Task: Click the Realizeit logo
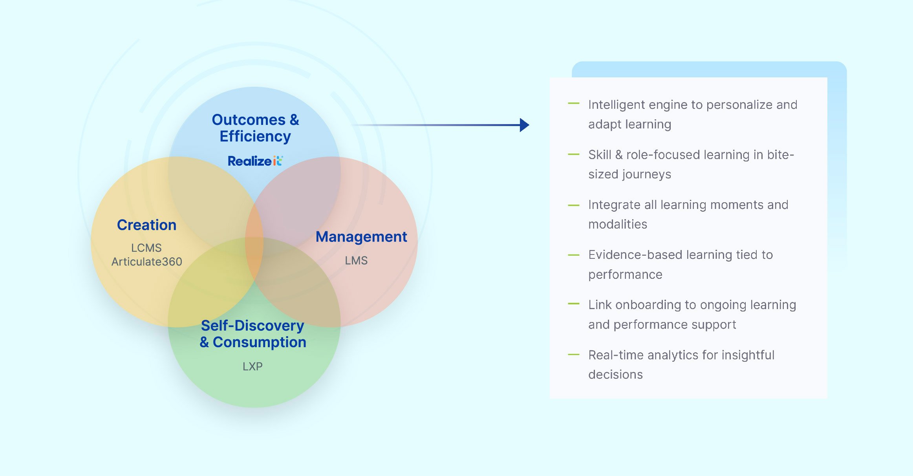[255, 161]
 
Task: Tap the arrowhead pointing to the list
[524, 125]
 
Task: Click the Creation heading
[146, 225]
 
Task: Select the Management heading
[361, 237]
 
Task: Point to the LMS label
[356, 260]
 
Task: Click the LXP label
[252, 366]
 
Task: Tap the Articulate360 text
[146, 262]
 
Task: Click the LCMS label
[146, 248]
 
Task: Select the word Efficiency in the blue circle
[255, 136]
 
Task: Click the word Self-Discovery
[252, 326]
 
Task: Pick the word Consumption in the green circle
[259, 342]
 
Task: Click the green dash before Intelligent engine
[573, 104]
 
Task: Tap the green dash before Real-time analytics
[573, 354]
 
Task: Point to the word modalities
[617, 224]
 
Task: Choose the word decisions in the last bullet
[615, 375]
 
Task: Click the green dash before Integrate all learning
[573, 205]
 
